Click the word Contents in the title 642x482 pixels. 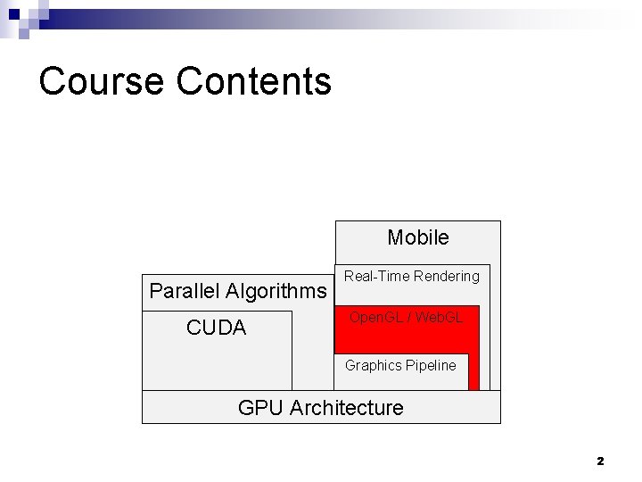point(254,81)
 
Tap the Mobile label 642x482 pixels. point(417,237)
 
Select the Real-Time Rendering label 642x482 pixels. point(412,277)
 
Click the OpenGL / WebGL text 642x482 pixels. point(406,318)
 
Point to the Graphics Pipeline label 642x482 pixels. point(400,365)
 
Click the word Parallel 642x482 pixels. point(185,291)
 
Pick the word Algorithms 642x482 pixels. point(276,292)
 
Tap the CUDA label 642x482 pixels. point(216,328)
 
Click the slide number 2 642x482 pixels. point(600,461)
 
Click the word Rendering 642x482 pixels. point(447,277)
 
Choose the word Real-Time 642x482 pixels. point(376,277)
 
